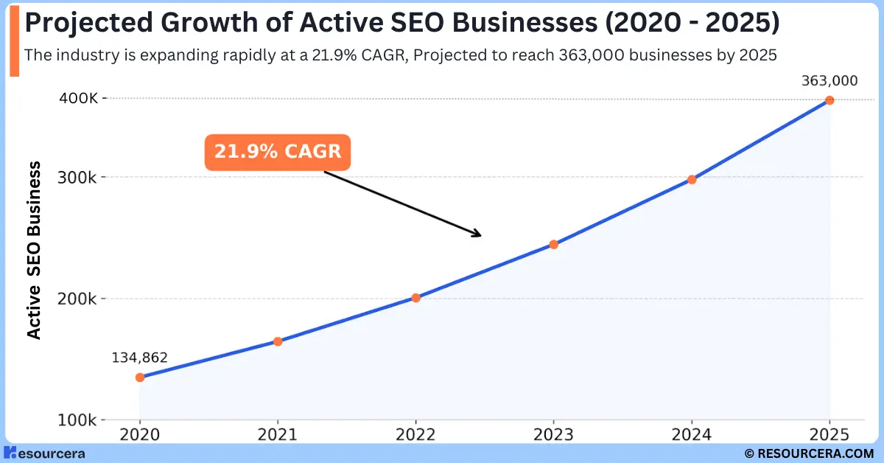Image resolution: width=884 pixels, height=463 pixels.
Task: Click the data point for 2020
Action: [140, 377]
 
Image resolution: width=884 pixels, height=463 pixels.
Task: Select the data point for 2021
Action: [278, 341]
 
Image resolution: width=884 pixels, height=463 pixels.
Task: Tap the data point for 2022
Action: [415, 298]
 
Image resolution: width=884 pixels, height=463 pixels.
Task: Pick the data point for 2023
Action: [554, 245]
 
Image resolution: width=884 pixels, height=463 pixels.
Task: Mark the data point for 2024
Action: [692, 179]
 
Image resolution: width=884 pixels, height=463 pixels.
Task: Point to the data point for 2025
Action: [829, 100]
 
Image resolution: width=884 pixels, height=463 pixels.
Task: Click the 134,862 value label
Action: [140, 358]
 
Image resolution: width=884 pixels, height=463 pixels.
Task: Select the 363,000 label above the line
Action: [829, 81]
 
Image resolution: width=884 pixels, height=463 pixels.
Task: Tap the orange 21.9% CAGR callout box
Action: [278, 152]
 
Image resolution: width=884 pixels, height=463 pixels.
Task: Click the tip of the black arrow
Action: [480, 236]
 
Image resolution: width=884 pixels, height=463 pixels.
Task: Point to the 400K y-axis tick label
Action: [80, 98]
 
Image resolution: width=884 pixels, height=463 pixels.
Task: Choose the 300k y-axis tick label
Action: [80, 177]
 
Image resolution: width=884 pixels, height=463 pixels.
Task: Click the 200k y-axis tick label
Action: [80, 299]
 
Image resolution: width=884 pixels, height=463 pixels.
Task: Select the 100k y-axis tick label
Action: [80, 420]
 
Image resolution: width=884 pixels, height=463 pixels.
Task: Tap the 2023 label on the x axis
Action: [554, 435]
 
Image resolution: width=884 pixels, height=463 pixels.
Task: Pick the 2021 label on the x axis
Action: [278, 435]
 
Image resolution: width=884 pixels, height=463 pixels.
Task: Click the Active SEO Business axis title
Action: [34, 251]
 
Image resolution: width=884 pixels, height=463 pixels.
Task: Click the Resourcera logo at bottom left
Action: [44, 453]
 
